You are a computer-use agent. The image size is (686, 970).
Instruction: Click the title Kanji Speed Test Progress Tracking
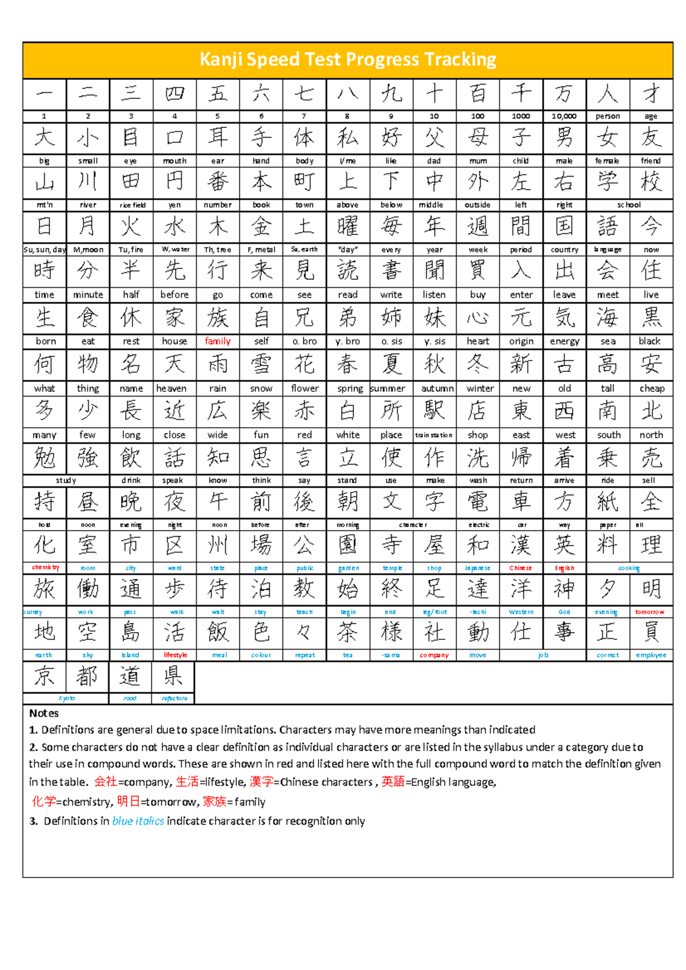click(348, 59)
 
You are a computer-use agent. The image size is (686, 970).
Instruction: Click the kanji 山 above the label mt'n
click(45, 182)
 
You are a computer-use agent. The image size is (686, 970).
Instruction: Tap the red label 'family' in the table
click(217, 341)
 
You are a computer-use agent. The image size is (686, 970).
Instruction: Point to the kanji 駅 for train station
click(434, 410)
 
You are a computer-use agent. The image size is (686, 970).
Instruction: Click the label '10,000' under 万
click(564, 116)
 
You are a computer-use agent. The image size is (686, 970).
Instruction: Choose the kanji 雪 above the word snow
click(261, 364)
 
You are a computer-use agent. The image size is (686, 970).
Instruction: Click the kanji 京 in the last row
click(45, 676)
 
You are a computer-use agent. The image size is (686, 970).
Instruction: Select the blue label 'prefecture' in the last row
click(174, 698)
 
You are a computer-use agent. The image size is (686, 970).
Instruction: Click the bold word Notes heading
click(44, 713)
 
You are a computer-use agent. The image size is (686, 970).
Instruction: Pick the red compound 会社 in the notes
click(106, 781)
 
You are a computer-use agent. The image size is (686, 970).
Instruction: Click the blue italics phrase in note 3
click(138, 821)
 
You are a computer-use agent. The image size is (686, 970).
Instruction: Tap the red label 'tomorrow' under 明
click(650, 612)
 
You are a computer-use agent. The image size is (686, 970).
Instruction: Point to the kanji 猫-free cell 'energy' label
click(564, 341)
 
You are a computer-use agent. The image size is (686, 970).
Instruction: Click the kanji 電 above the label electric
click(478, 502)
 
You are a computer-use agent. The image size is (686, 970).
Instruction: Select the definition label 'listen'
click(434, 295)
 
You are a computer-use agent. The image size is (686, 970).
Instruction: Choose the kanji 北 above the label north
click(651, 410)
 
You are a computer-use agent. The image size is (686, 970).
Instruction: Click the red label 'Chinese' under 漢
click(520, 568)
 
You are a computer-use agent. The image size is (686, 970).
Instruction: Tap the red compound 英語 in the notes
click(393, 781)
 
